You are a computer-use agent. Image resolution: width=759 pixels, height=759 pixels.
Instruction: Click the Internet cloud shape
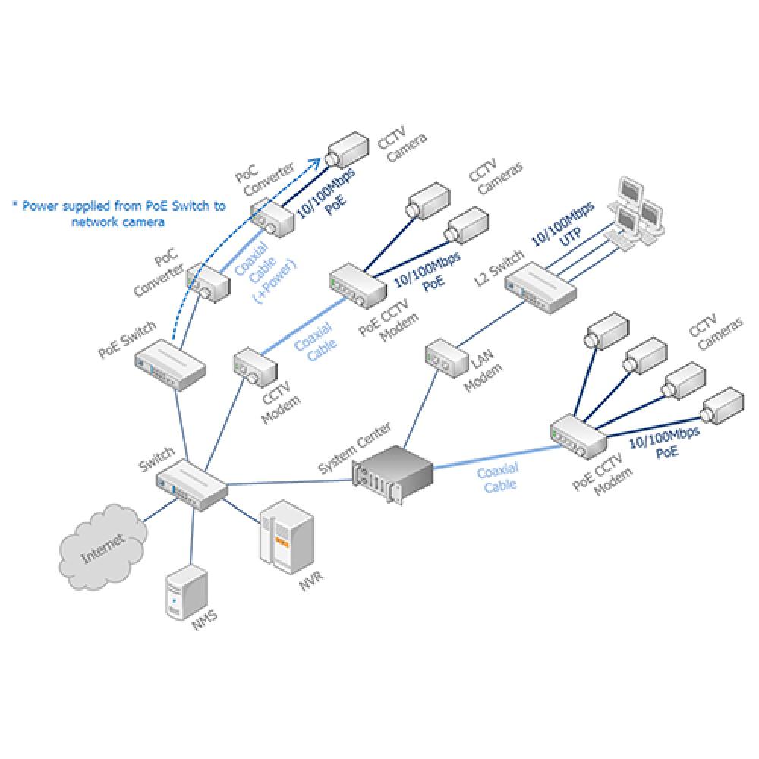tap(102, 546)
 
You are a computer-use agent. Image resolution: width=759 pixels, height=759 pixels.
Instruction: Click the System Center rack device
tap(392, 471)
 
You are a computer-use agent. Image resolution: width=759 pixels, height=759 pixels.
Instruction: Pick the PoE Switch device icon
tap(170, 364)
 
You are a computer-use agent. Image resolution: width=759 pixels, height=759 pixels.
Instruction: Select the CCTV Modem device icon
tap(251, 366)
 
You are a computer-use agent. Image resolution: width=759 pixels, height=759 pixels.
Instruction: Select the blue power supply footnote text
tap(118, 213)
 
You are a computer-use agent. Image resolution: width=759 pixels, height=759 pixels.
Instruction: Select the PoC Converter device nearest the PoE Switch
tap(207, 282)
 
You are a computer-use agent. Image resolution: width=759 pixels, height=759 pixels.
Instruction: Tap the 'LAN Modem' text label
tap(483, 372)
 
